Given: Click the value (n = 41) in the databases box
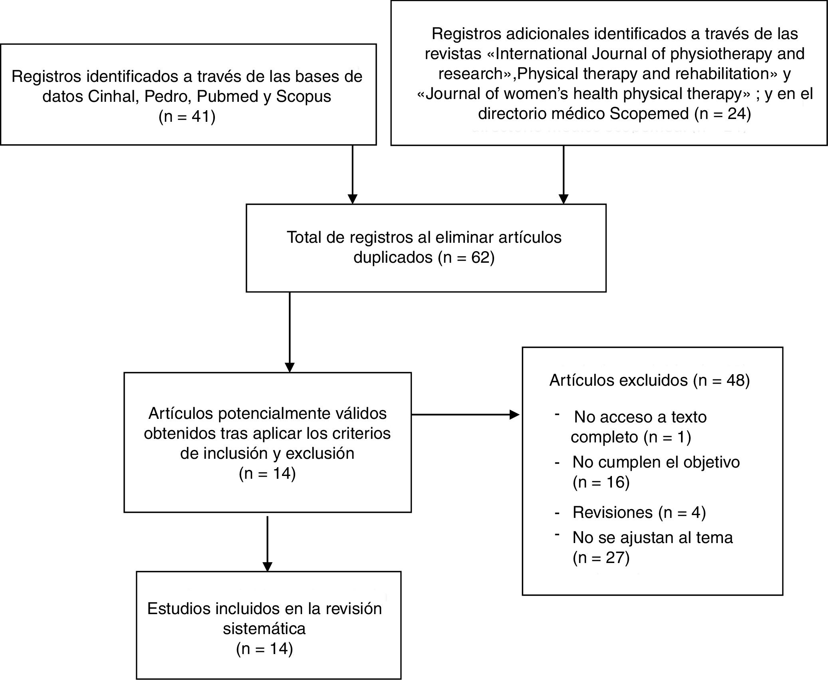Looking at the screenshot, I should tap(187, 117).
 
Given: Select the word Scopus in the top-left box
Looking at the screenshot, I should tap(304, 97).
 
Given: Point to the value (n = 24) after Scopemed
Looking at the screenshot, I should tap(723, 114).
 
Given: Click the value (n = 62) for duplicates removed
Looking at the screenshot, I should tap(466, 258).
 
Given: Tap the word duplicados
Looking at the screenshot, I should tap(393, 258).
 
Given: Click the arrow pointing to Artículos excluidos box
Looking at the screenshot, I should tap(465, 415).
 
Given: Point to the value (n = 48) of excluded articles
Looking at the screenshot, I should tap(721, 380).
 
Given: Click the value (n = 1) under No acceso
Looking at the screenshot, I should tap(667, 437).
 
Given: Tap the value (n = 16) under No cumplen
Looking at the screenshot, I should tap(601, 482).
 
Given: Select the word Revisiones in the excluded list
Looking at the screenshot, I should tap(612, 512).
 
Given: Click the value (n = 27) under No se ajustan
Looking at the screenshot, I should tap(601, 557).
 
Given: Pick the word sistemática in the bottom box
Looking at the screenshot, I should tap(264, 628).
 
